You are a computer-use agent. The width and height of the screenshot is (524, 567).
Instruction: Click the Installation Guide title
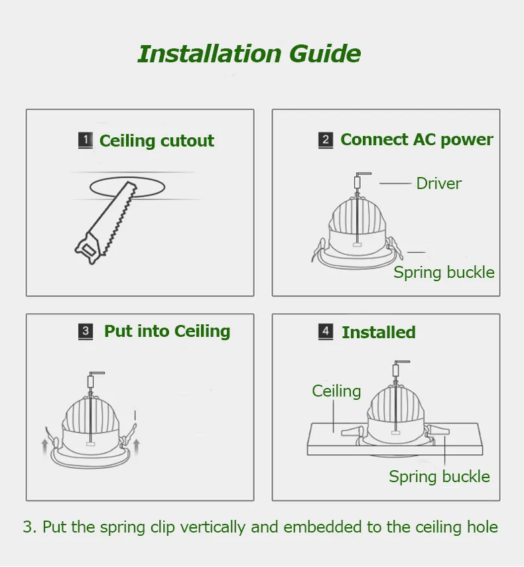(x=249, y=54)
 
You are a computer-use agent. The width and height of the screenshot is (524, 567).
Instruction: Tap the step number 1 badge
(x=86, y=141)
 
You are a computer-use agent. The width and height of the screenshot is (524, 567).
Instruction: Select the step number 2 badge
(x=326, y=140)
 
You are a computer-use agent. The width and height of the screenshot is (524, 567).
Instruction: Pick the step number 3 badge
(x=86, y=331)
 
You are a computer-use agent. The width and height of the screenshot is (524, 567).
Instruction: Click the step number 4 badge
(x=326, y=332)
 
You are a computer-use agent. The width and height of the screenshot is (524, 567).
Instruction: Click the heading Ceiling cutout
(x=157, y=141)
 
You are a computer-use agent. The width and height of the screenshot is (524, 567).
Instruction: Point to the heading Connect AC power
(x=417, y=140)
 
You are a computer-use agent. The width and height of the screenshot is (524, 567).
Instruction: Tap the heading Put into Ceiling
(x=167, y=332)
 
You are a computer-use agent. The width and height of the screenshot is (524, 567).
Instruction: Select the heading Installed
(x=379, y=332)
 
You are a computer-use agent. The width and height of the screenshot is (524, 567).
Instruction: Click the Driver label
(x=438, y=183)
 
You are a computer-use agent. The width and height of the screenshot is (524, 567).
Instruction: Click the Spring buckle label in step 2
(x=444, y=273)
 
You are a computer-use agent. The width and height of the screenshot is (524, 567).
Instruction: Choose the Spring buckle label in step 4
(x=439, y=477)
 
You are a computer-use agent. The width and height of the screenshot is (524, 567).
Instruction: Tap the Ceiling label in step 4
(x=336, y=391)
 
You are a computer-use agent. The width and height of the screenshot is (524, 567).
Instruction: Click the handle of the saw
(x=87, y=248)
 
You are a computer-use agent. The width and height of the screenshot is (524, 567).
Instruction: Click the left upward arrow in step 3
(x=44, y=447)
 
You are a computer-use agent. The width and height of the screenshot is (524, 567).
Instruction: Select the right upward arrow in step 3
(x=137, y=447)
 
